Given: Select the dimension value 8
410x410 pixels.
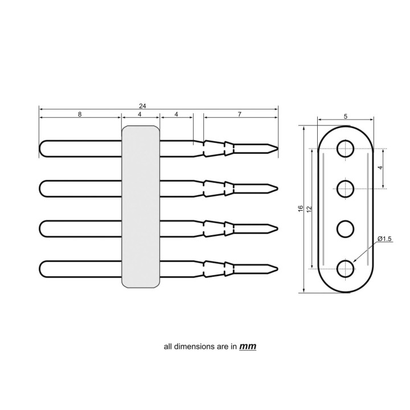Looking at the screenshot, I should pyautogui.click(x=80, y=114).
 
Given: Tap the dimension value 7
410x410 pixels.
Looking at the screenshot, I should pyautogui.click(x=240, y=114).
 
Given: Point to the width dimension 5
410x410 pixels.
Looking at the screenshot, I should pyautogui.click(x=346, y=116).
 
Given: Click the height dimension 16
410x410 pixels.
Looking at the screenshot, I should pyautogui.click(x=301, y=209).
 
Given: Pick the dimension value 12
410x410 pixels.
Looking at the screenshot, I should pyautogui.click(x=309, y=209).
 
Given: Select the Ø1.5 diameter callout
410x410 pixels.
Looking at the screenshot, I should pyautogui.click(x=384, y=239).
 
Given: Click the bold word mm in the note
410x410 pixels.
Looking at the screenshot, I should pyautogui.click(x=248, y=346).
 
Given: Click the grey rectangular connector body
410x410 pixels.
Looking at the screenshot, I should pyautogui.click(x=141, y=207).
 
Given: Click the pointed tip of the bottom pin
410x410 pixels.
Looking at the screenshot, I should pyautogui.click(x=277, y=268).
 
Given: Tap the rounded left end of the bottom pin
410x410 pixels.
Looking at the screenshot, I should pyautogui.click(x=41, y=268).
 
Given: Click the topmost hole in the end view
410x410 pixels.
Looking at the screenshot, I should pyautogui.click(x=345, y=149).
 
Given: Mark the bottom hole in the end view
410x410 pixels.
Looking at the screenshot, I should pyautogui.click(x=345, y=268).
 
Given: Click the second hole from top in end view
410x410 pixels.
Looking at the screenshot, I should pyautogui.click(x=345, y=188).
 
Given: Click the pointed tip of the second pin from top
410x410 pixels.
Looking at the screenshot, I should pyautogui.click(x=277, y=188).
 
